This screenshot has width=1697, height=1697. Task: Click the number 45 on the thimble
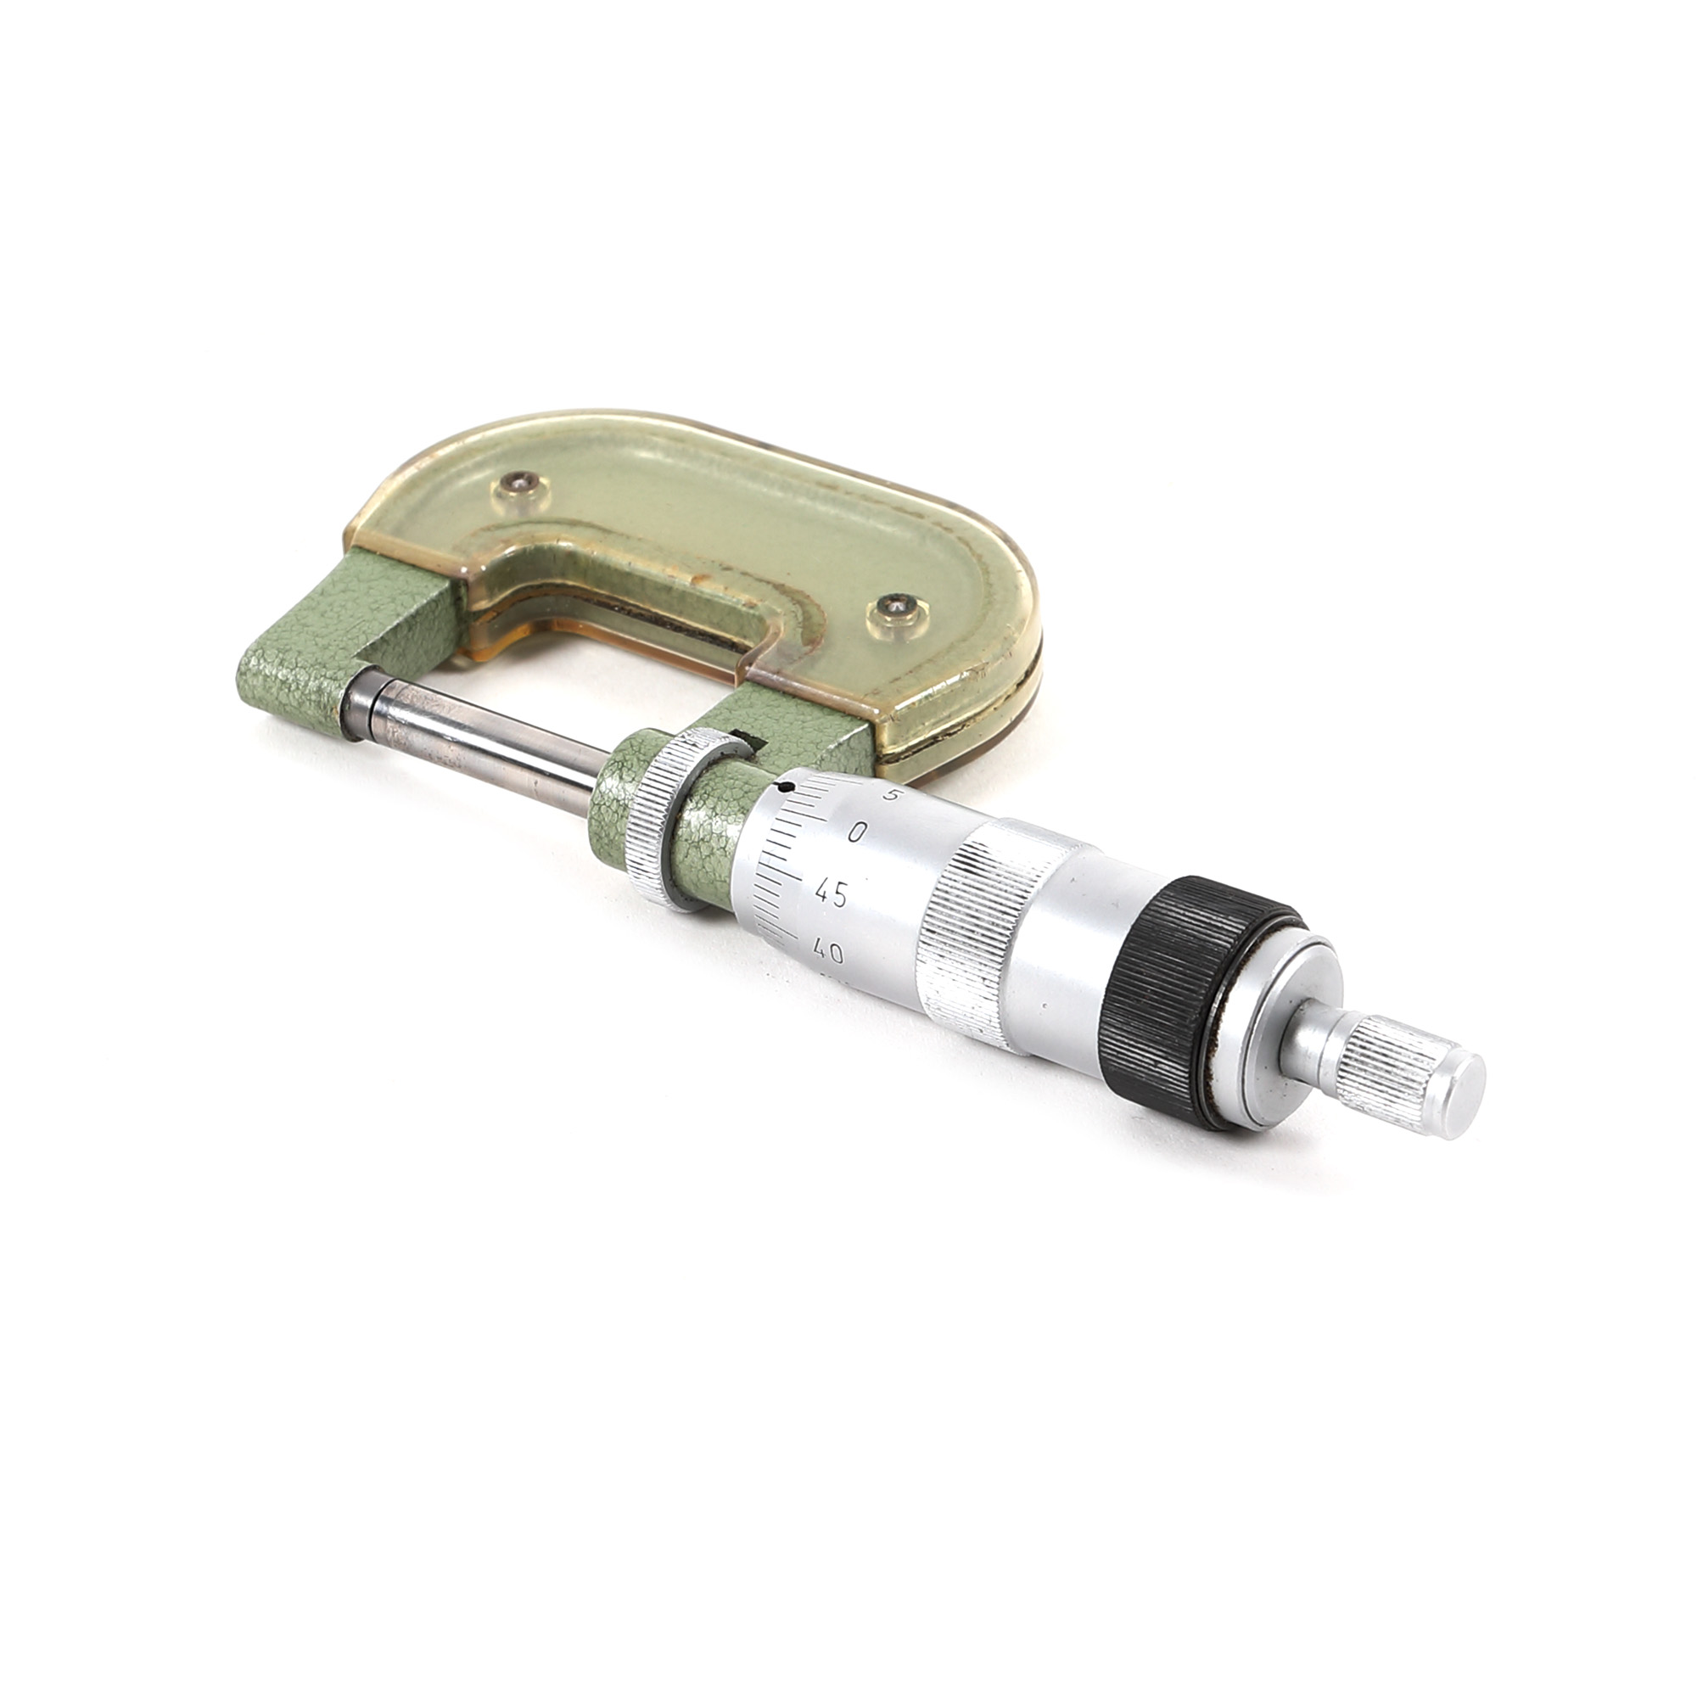tap(830, 895)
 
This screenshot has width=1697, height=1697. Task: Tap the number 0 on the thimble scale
tap(859, 832)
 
